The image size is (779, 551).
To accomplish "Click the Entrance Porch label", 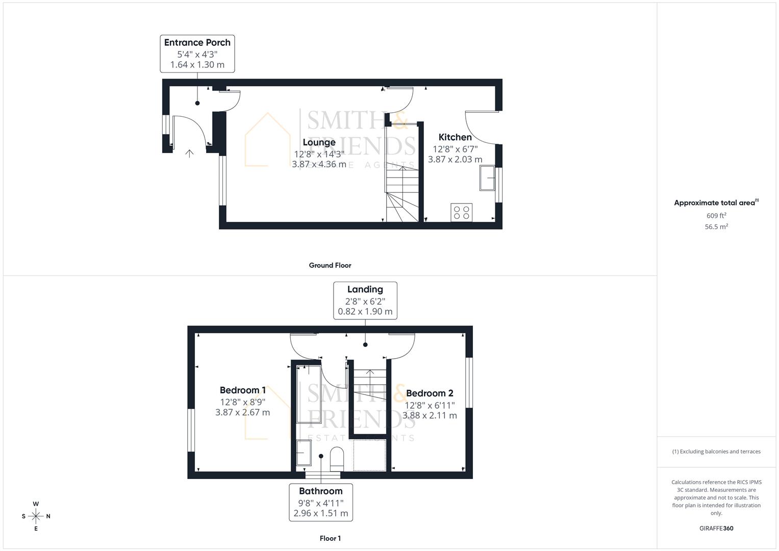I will pyautogui.click(x=197, y=43).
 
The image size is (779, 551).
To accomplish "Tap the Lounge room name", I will pyautogui.click(x=319, y=142).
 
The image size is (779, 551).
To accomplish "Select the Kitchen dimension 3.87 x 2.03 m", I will pyautogui.click(x=455, y=159).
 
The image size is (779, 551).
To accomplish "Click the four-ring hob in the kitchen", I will pyautogui.click(x=461, y=212).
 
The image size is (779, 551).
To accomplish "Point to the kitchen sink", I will pyautogui.click(x=487, y=178).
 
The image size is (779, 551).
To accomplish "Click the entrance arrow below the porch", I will pyautogui.click(x=190, y=153).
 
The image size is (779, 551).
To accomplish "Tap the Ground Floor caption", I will pyautogui.click(x=330, y=265).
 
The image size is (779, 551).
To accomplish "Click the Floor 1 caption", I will pyautogui.click(x=330, y=538).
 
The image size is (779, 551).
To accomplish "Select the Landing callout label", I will pyautogui.click(x=365, y=290).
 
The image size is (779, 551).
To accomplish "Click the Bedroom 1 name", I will pyautogui.click(x=242, y=390).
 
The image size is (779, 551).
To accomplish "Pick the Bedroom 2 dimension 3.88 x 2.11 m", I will pyautogui.click(x=430, y=415).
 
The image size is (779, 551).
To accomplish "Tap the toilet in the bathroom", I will pyautogui.click(x=337, y=458).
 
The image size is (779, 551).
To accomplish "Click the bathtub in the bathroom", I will pyautogui.click(x=308, y=394).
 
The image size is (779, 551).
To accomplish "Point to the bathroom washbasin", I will pyautogui.click(x=304, y=453).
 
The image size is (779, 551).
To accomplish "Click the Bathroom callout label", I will pyautogui.click(x=320, y=491).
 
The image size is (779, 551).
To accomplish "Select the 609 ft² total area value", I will pyautogui.click(x=716, y=216).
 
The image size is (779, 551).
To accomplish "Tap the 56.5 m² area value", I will pyautogui.click(x=716, y=227).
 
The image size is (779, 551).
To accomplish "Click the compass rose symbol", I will pyautogui.click(x=36, y=516).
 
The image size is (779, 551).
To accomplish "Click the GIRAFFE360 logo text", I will pyautogui.click(x=716, y=529).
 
